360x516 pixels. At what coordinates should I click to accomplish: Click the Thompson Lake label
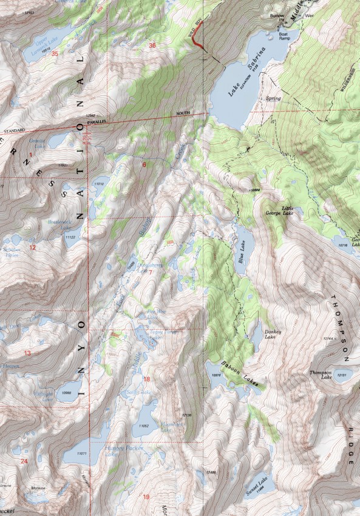tap(321, 375)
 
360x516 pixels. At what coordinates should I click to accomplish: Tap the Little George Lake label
tap(277, 211)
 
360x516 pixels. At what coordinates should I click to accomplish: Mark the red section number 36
tap(152, 45)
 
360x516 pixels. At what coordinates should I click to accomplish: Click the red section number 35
tap(55, 54)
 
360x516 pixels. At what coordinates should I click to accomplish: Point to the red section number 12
tap(33, 248)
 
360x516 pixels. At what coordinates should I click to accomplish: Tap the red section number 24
tap(24, 461)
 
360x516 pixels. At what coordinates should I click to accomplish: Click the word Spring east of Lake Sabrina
tap(274, 97)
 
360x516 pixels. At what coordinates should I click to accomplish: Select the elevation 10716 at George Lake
tap(344, 245)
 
